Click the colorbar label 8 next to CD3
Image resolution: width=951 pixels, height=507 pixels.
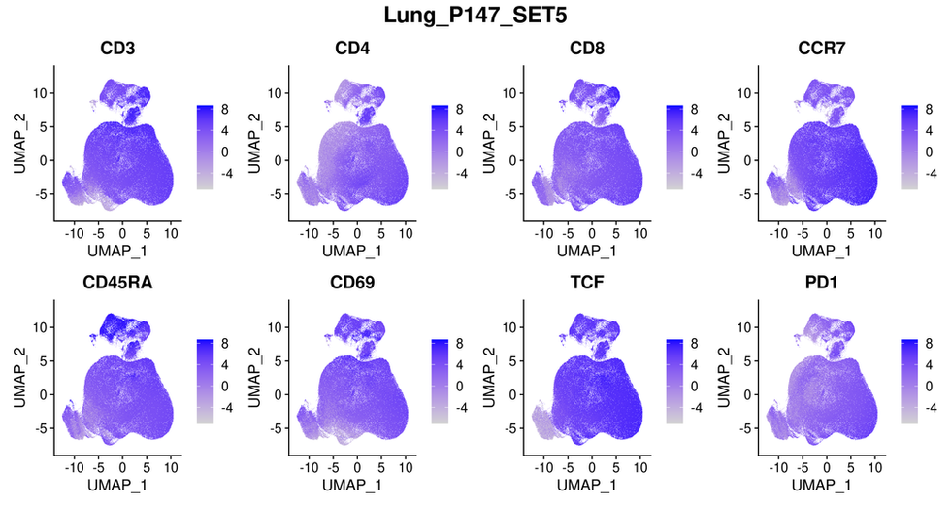tap(223, 109)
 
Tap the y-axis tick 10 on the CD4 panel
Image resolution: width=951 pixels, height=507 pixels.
tap(277, 92)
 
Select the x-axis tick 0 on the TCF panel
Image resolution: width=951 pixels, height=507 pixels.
tap(592, 470)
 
